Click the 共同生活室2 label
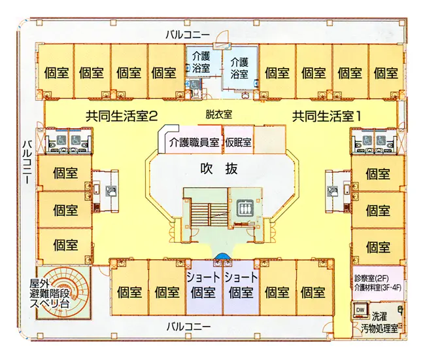[x=122, y=116]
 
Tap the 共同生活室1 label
[x=327, y=116]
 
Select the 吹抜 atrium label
[x=219, y=168]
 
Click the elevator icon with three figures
[x=245, y=207]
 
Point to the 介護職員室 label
[x=194, y=142]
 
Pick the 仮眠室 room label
[x=238, y=142]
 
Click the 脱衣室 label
[x=219, y=115]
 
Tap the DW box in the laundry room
[x=360, y=310]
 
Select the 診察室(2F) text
[x=371, y=278]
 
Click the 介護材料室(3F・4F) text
[x=377, y=288]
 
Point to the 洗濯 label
[x=379, y=316]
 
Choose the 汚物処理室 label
[x=379, y=329]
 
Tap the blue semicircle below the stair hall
[x=222, y=256]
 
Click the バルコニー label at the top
[x=188, y=35]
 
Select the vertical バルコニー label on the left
[x=27, y=162]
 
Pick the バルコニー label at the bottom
[x=188, y=326]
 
